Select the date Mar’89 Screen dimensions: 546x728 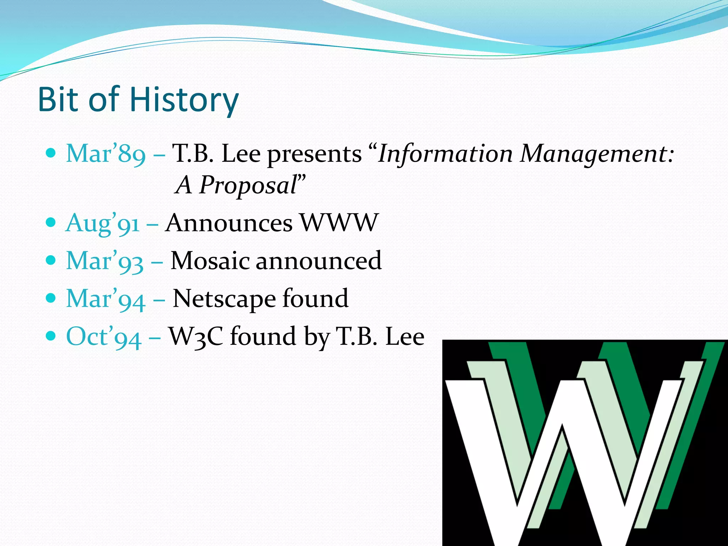pyautogui.click(x=106, y=154)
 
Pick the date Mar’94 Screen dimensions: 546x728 pyautogui.click(x=106, y=299)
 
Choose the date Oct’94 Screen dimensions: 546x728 pyautogui.click(x=104, y=337)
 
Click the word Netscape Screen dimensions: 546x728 pyautogui.click(x=224, y=299)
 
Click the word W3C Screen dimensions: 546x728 pyautogui.click(x=196, y=336)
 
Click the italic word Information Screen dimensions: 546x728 pyautogui.click(x=445, y=154)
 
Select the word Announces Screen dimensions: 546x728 pyautogui.click(x=229, y=223)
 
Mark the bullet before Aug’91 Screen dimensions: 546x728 pyautogui.click(x=51, y=223)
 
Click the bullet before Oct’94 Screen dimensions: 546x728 pyautogui.click(x=51, y=335)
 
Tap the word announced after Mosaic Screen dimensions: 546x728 pyautogui.click(x=318, y=261)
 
